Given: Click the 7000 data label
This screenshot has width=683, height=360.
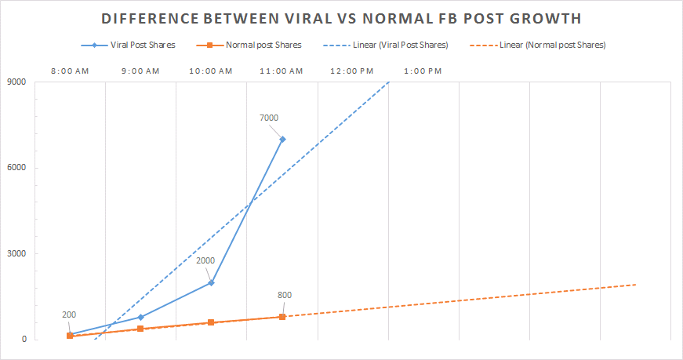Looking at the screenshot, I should click(268, 118).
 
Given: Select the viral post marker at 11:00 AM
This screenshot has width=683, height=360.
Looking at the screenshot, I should click(282, 140).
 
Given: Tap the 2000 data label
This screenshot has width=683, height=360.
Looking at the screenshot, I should click(205, 261).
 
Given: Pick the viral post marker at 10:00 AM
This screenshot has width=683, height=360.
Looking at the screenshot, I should click(212, 282).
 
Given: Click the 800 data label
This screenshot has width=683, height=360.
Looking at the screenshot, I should click(285, 296).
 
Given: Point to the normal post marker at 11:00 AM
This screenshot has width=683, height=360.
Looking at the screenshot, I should click(282, 317).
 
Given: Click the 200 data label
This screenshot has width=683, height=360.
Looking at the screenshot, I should click(69, 315).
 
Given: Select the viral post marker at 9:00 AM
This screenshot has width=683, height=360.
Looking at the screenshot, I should click(140, 318).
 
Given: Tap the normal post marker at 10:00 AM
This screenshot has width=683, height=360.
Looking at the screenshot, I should click(212, 322).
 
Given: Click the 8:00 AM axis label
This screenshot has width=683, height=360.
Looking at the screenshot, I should click(70, 71).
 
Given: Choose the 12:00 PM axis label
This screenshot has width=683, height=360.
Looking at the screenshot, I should click(352, 71).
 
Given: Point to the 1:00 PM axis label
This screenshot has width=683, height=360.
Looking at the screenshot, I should click(423, 71).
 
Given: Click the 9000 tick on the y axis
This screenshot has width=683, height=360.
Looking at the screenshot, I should click(16, 82).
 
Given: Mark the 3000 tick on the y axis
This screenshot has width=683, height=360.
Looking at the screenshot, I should click(16, 253).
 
